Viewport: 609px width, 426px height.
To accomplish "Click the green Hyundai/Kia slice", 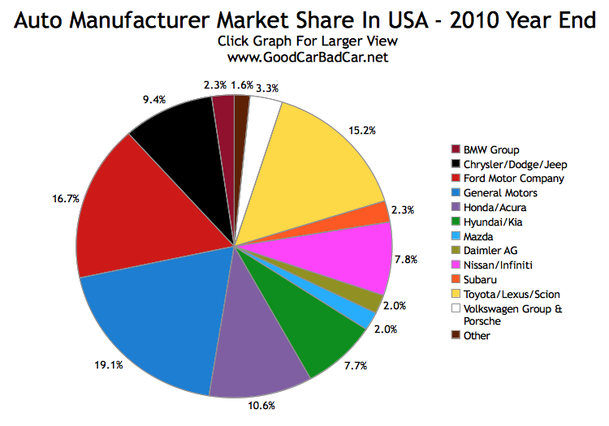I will (313, 325).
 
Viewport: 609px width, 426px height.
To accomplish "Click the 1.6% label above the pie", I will (241, 83).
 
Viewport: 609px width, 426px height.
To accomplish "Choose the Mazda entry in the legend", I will (477, 236).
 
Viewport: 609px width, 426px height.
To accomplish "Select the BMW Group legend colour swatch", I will (456, 149).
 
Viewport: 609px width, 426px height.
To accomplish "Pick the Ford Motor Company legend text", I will (513, 178).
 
